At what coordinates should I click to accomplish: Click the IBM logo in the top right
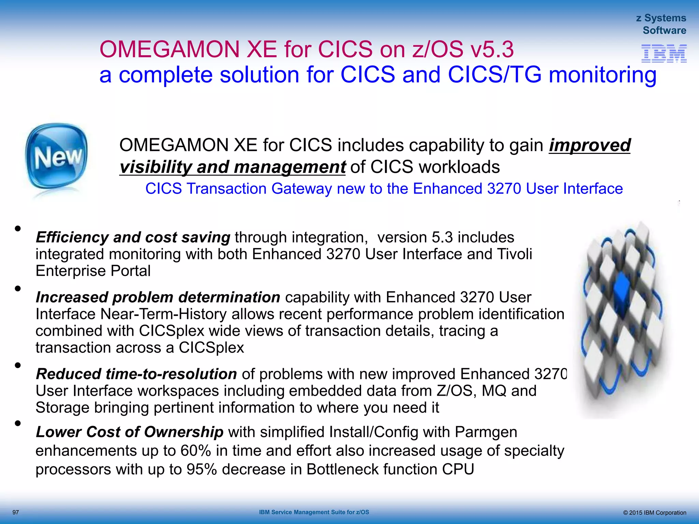664,53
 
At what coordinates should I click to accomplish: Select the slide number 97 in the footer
16,512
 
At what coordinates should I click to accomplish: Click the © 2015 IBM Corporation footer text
654,513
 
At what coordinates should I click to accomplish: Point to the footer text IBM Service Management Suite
314,512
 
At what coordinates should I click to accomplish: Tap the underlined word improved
589,145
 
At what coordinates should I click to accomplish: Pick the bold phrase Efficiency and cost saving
133,237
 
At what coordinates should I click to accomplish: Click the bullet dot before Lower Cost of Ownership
18,424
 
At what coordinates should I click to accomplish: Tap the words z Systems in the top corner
661,18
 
